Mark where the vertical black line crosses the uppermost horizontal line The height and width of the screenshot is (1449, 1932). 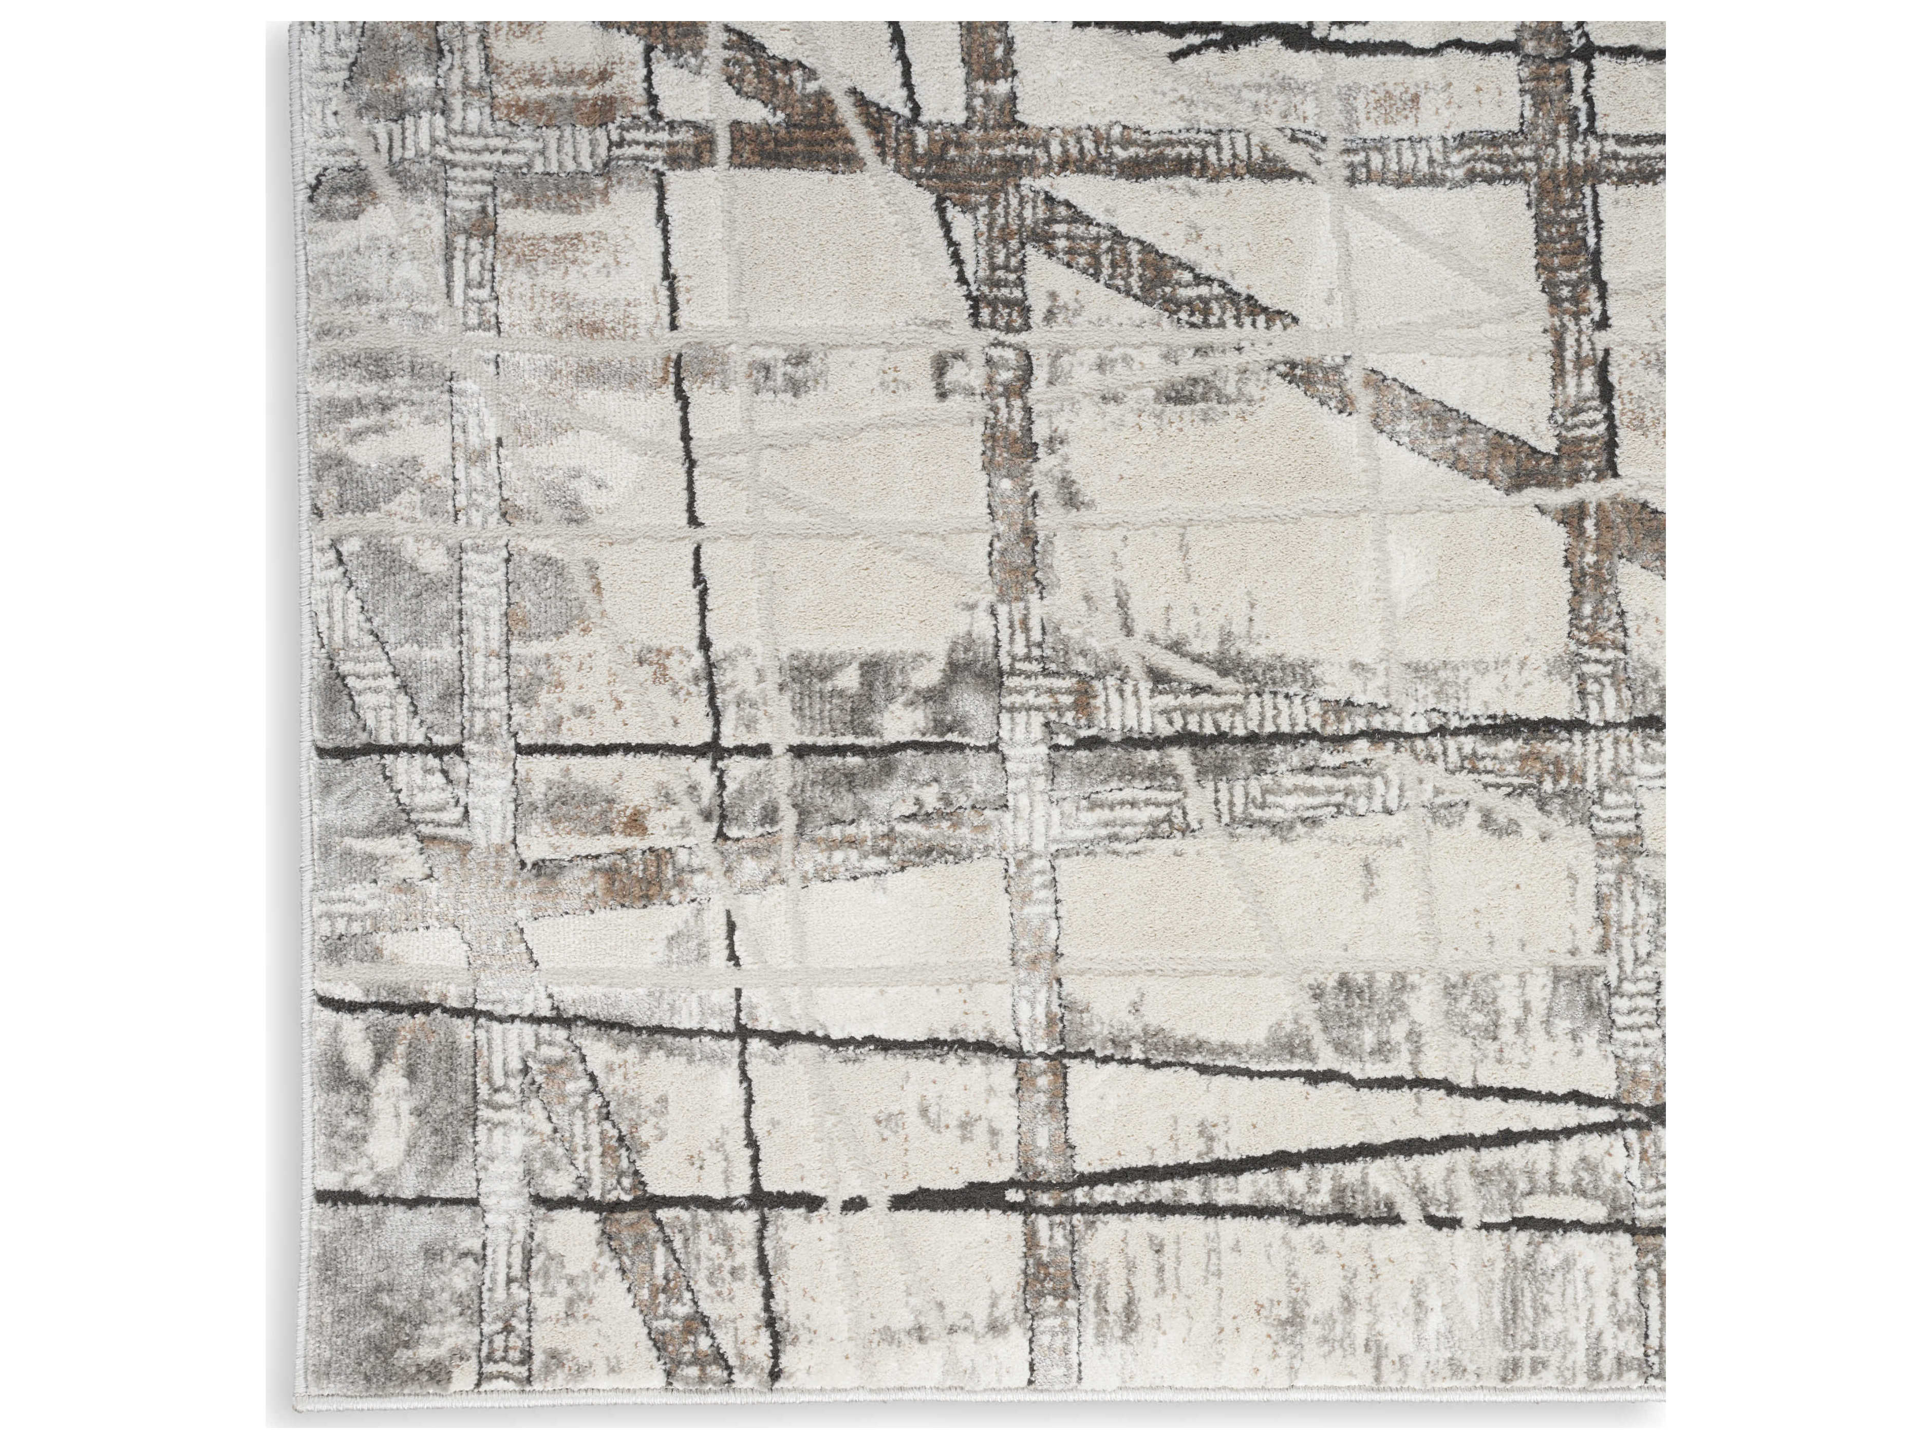coord(716,748)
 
